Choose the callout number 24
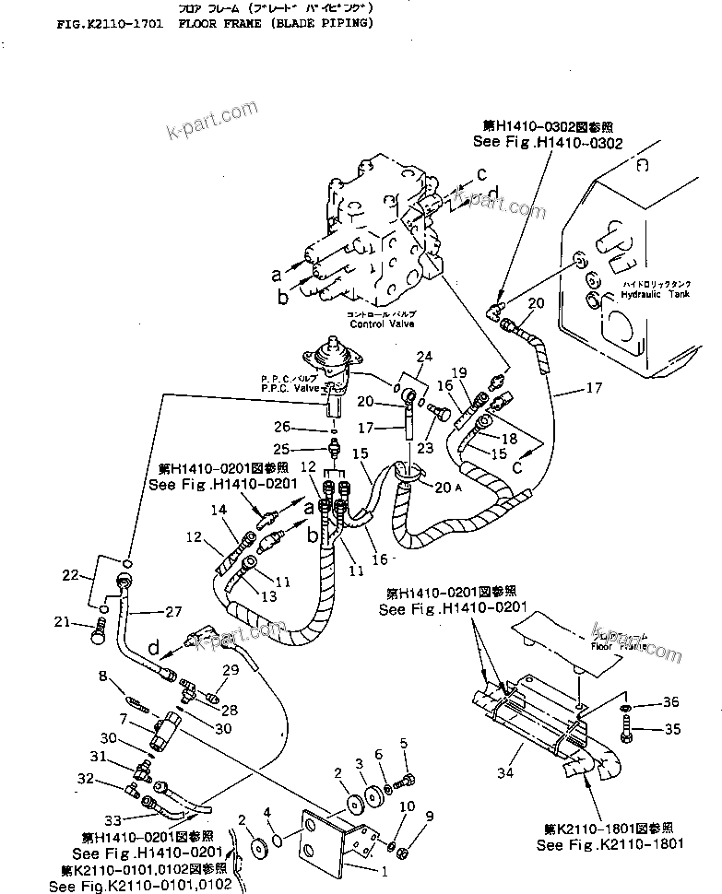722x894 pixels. point(423,357)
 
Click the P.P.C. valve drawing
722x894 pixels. point(331,364)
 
